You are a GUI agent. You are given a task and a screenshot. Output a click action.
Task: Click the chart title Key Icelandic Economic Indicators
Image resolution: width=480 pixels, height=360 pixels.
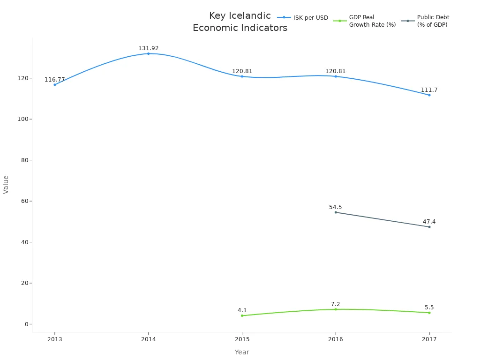tap(240, 22)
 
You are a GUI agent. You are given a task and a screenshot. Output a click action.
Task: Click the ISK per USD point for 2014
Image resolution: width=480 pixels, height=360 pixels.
tap(149, 53)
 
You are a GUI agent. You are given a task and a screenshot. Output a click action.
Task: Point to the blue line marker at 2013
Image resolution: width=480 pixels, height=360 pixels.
tap(55, 85)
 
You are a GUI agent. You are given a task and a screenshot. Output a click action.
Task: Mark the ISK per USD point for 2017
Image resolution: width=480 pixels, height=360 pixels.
tap(429, 95)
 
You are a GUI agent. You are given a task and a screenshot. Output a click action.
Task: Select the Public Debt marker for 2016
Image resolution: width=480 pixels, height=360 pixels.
tap(336, 212)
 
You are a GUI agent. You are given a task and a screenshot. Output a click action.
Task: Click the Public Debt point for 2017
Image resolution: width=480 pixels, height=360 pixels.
tap(429, 227)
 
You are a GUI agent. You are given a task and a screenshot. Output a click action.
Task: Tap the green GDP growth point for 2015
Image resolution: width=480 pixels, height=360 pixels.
tap(242, 315)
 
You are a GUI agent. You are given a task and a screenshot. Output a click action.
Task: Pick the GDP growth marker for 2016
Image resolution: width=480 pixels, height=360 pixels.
tap(336, 309)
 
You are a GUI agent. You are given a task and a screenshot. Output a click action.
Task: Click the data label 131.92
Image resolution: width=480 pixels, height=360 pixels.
tap(149, 48)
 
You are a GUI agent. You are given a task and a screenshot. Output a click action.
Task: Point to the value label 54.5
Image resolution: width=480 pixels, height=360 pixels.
tap(336, 207)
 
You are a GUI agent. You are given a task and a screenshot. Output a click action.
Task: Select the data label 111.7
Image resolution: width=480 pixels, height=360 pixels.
tap(429, 90)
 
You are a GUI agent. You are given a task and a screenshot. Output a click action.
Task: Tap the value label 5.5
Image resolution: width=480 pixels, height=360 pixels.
tap(429, 307)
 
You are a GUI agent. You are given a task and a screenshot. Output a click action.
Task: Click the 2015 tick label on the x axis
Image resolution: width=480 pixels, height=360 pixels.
tap(242, 339)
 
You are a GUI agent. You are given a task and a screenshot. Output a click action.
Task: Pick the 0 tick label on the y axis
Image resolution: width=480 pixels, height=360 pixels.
tap(26, 324)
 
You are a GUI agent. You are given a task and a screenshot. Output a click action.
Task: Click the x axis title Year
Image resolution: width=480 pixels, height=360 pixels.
tap(242, 352)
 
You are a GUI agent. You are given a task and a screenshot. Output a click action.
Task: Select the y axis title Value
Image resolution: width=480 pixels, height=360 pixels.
tap(6, 184)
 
